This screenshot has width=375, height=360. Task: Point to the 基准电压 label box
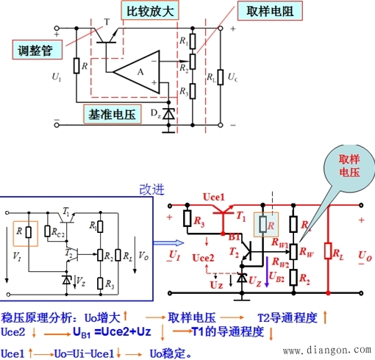(113, 115)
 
